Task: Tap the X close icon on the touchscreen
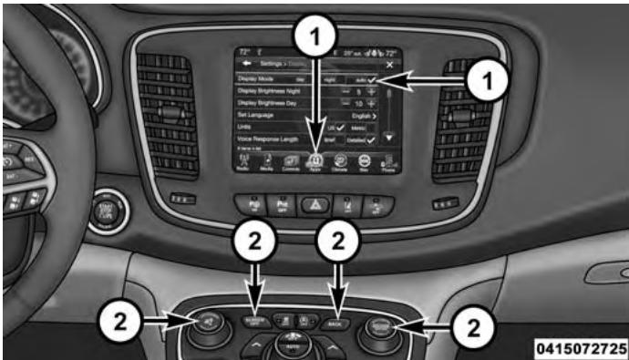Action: coord(389,66)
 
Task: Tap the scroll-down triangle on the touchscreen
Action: coord(390,137)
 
